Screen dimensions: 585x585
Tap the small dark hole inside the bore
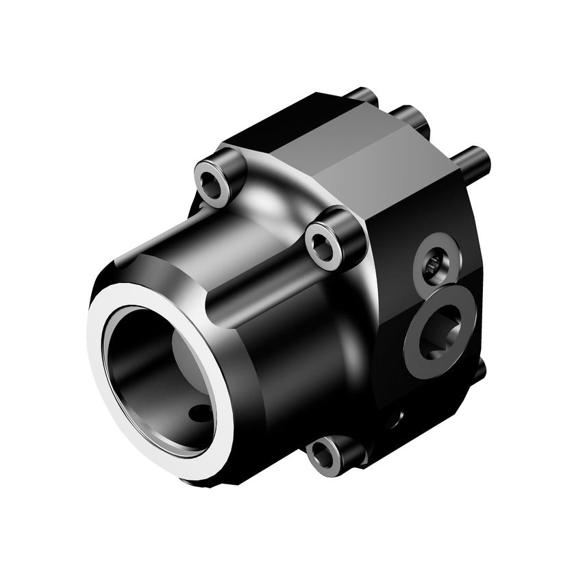[x=200, y=413]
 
